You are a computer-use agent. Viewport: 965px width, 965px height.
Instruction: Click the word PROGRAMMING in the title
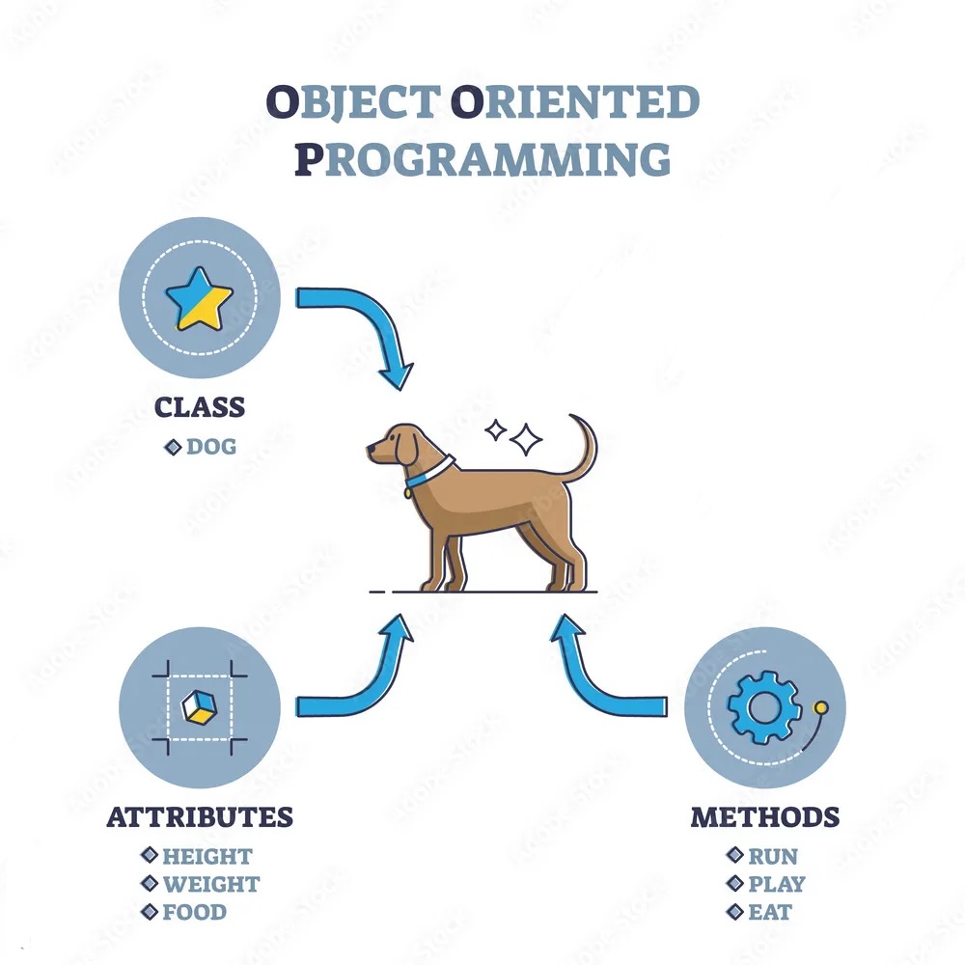[x=482, y=159]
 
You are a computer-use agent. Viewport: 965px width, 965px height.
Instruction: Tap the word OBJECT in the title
[x=353, y=102]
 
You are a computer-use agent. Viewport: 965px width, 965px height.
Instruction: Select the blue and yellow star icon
[x=200, y=298]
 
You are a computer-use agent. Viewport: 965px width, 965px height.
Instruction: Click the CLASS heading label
[x=200, y=407]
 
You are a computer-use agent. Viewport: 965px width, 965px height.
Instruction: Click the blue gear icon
[x=763, y=707]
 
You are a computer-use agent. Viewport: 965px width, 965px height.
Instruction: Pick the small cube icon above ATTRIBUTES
[x=200, y=707]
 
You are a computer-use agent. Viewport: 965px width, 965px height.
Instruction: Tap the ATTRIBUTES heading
[x=200, y=816]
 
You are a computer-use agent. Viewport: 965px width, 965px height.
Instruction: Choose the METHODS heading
[x=765, y=816]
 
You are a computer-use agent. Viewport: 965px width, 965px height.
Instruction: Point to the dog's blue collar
[x=429, y=472]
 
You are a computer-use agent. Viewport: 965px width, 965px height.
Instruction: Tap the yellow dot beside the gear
[x=820, y=707]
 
